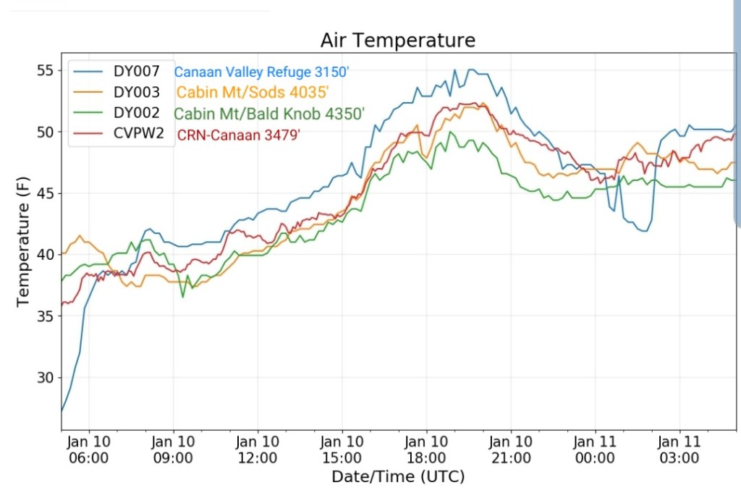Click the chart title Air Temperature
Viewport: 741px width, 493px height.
coord(398,41)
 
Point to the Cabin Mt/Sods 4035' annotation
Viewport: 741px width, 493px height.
coord(253,92)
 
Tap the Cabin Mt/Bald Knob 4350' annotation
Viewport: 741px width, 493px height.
coord(269,113)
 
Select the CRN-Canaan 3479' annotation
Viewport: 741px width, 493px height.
coord(238,135)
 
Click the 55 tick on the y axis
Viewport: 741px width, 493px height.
coord(45,70)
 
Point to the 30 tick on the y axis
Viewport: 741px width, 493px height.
coord(45,377)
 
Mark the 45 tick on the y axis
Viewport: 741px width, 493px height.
coord(45,193)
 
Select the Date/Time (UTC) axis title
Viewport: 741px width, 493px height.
coord(398,476)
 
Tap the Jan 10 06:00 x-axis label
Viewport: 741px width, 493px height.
coord(89,449)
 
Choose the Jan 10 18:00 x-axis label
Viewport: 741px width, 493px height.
coord(426,449)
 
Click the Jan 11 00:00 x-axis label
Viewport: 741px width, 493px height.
coord(595,449)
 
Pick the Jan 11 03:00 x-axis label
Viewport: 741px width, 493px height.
coord(679,449)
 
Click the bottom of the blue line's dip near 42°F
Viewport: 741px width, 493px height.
coord(643,231)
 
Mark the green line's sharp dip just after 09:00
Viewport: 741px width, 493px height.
coord(183,297)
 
